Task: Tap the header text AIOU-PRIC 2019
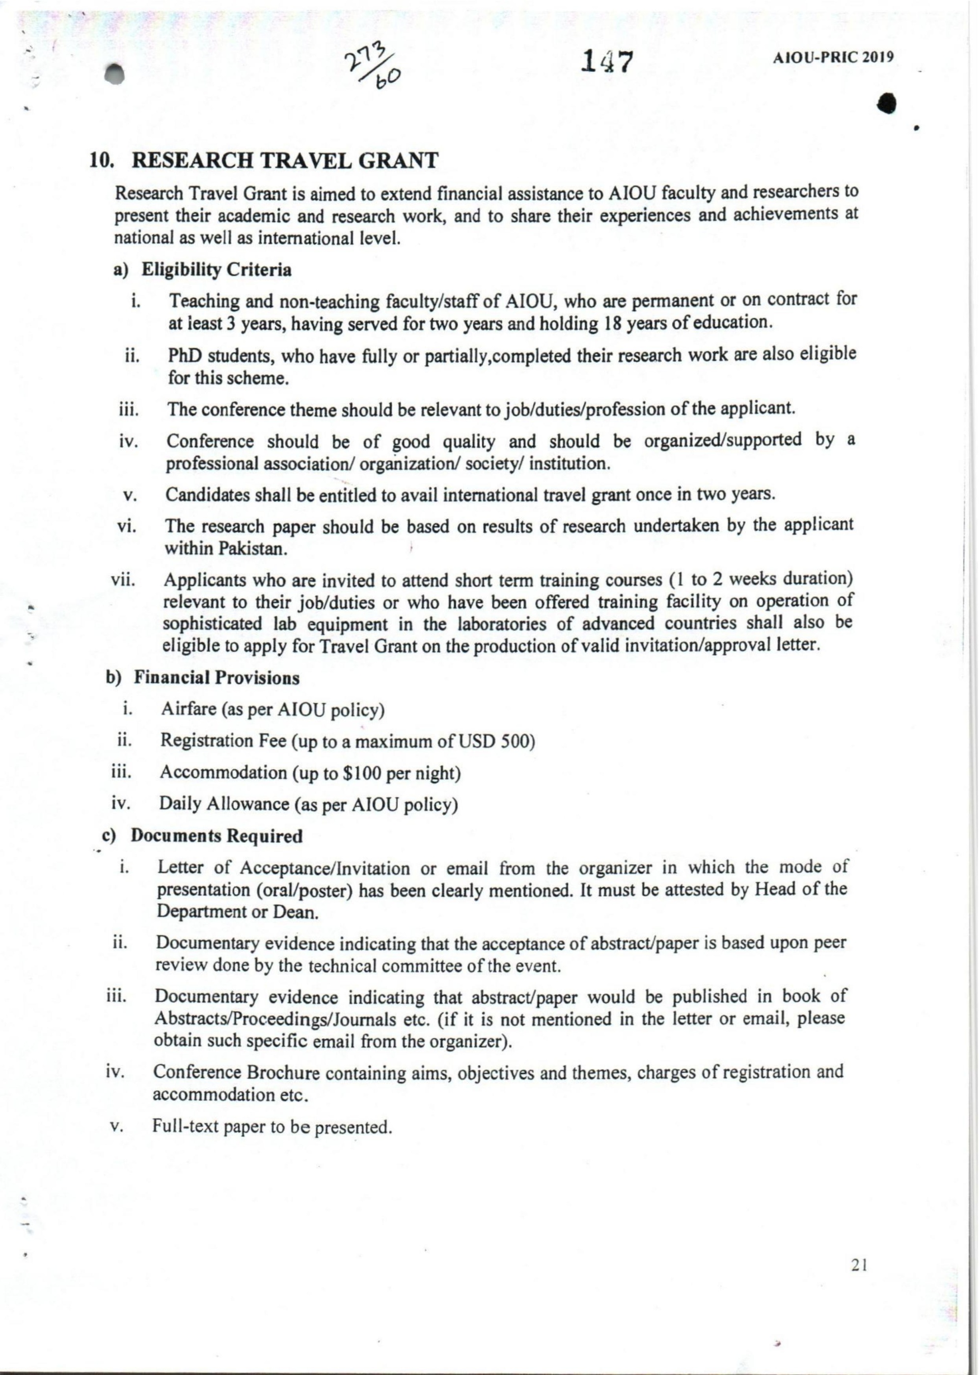tap(833, 58)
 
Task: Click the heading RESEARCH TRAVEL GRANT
tap(285, 161)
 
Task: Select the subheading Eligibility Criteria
tap(217, 270)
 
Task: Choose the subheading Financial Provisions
tap(217, 678)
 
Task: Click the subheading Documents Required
tap(217, 836)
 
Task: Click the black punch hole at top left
tap(115, 75)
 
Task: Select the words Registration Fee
tap(223, 741)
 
